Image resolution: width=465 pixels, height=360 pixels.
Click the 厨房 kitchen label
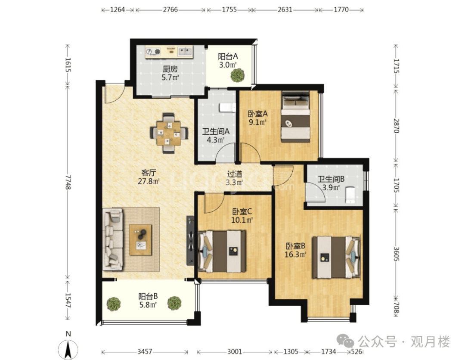170,69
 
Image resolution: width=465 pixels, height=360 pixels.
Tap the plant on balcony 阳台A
238,75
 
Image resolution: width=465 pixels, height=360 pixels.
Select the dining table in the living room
169,133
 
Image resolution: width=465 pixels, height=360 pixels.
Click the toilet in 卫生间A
227,108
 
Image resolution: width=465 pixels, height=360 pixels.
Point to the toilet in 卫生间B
350,195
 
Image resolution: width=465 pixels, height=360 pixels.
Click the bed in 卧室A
295,117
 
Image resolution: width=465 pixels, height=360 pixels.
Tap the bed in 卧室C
222,251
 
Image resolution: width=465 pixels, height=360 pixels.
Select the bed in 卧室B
336,257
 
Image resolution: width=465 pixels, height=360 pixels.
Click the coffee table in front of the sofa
140,239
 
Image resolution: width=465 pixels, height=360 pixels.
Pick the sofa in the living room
113,239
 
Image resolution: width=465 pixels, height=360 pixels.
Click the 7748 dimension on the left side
68,182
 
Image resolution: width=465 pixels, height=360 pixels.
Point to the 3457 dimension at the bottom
145,352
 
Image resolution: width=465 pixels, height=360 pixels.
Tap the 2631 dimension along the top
285,10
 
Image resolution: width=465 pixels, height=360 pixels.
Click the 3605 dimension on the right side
396,254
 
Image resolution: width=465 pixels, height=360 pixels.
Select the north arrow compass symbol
68,350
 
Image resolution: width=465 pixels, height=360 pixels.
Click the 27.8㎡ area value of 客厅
149,181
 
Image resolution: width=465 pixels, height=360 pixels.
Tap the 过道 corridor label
235,174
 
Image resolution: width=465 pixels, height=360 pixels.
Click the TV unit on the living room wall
190,240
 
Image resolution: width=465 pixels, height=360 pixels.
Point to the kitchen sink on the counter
185,52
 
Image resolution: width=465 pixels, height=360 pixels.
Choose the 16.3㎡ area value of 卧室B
295,254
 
